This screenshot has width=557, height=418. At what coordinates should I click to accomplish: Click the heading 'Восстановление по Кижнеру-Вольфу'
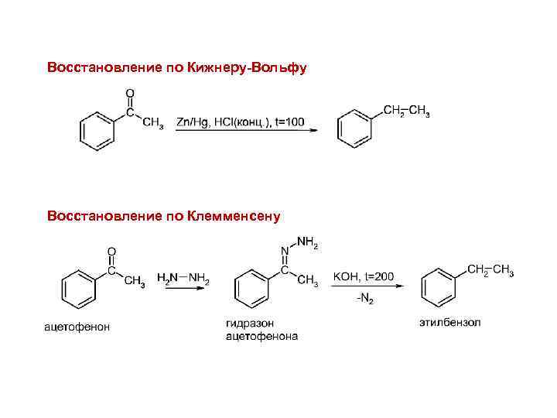[x=176, y=68]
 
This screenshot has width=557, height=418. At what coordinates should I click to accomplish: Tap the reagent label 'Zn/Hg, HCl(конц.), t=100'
[x=241, y=122]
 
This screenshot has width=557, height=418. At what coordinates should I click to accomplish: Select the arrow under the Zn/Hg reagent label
[x=247, y=132]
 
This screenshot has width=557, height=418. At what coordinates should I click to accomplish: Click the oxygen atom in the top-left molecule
[x=129, y=94]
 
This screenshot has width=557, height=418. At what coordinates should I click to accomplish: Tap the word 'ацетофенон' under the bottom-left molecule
[x=77, y=327]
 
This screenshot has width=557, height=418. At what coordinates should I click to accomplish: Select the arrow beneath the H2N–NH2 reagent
[x=183, y=288]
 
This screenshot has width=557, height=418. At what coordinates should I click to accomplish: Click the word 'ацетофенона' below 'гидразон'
[x=261, y=336]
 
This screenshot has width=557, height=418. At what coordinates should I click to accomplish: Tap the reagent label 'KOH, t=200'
[x=364, y=276]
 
